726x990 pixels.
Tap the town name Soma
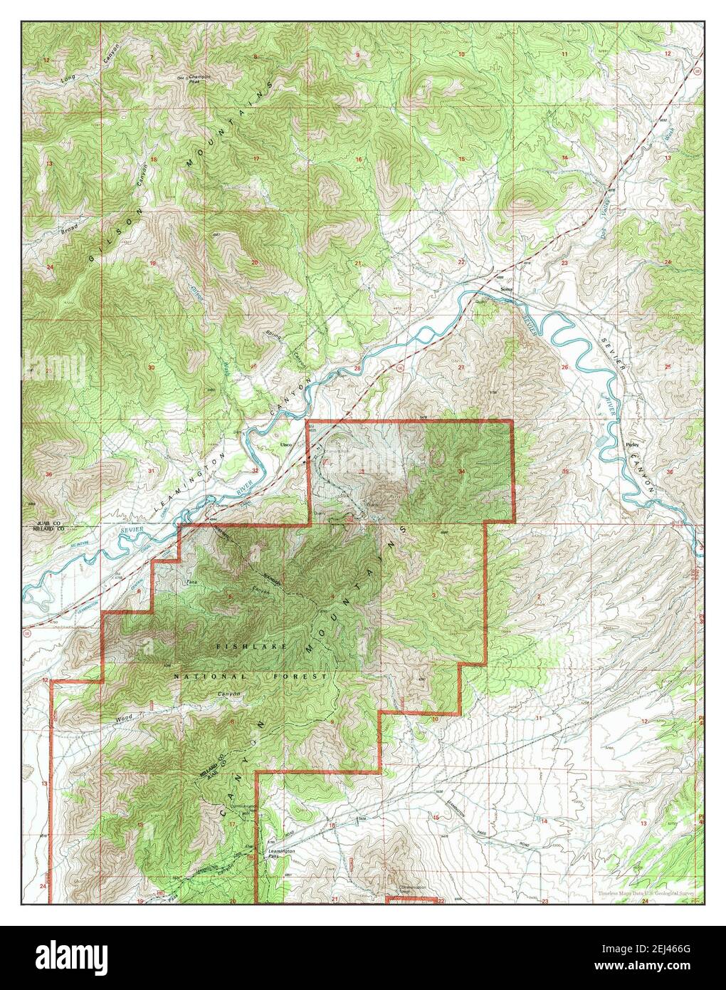(506, 289)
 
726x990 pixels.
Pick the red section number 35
(565, 472)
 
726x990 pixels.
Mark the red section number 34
(463, 471)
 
